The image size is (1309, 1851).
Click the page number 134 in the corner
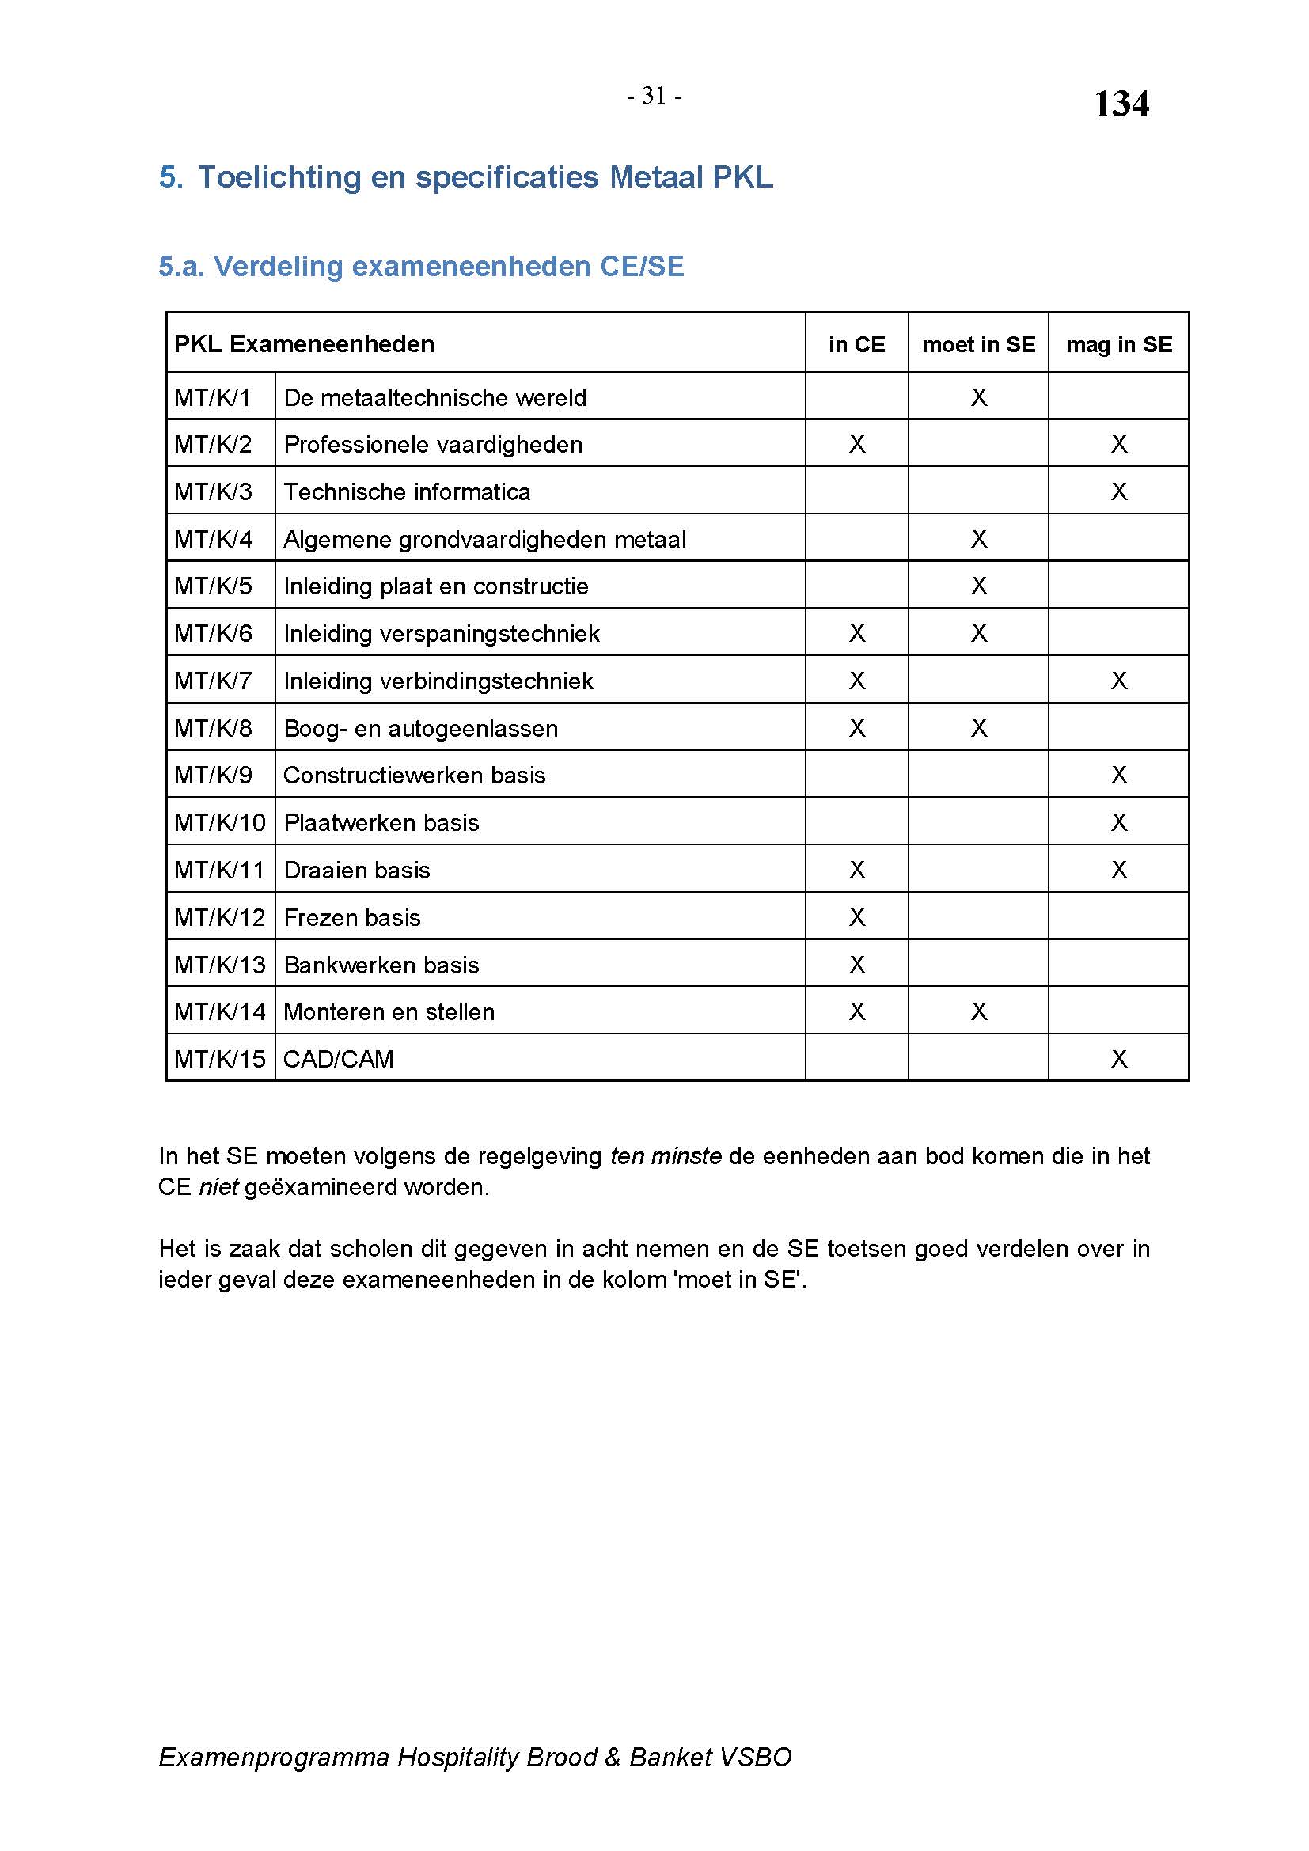1121,104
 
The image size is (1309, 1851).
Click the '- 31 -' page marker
654,96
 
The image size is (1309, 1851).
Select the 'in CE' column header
856,344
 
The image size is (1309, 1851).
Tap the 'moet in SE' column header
977,344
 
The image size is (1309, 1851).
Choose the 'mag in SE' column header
1118,344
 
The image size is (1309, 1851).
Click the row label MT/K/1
213,397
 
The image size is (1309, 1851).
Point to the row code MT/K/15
219,1059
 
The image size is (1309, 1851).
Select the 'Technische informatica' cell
407,491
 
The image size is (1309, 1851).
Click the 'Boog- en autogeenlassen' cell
420,728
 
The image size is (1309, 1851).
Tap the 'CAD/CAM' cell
339,1059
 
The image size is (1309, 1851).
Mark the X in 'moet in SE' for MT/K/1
978,397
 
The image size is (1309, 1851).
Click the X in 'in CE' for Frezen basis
857,917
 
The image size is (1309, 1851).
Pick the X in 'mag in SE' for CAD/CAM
1119,1059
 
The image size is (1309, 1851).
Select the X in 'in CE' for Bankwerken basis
857,965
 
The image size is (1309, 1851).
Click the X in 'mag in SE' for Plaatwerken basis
1119,822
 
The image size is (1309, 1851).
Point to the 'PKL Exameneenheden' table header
304,344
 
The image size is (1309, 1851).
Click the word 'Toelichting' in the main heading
279,177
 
